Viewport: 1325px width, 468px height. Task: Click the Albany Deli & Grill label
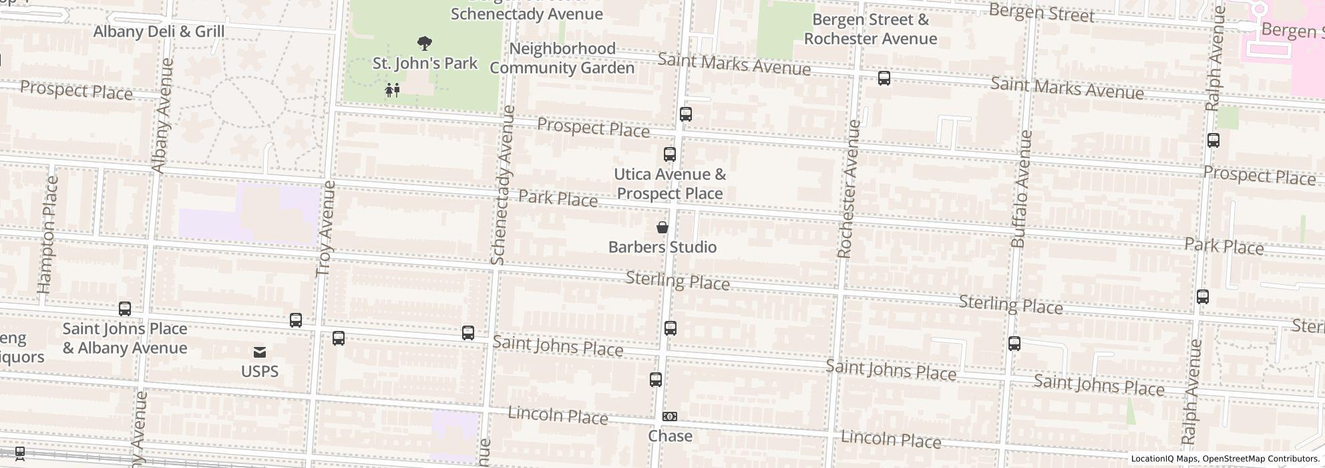(159, 31)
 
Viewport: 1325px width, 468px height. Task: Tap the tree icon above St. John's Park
(424, 44)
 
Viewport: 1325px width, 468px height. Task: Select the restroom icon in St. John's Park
(392, 90)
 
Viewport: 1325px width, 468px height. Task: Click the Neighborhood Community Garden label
(562, 58)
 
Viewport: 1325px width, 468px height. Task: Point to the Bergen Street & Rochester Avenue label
(870, 29)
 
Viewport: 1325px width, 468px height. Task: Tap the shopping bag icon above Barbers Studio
(662, 227)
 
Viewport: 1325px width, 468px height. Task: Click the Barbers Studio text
(662, 247)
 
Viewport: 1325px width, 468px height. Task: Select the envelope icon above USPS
(260, 352)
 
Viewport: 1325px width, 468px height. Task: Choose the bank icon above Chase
(670, 417)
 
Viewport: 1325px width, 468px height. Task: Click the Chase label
(670, 436)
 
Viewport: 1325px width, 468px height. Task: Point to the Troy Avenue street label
(325, 229)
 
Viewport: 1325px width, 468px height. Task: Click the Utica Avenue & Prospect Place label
(669, 184)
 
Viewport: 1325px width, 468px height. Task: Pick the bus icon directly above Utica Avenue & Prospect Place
(670, 154)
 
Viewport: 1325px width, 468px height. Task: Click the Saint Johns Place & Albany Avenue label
(125, 338)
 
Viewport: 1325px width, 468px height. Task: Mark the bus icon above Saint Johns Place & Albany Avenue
(125, 309)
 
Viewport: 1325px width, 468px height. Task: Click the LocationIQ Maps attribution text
(1165, 459)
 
